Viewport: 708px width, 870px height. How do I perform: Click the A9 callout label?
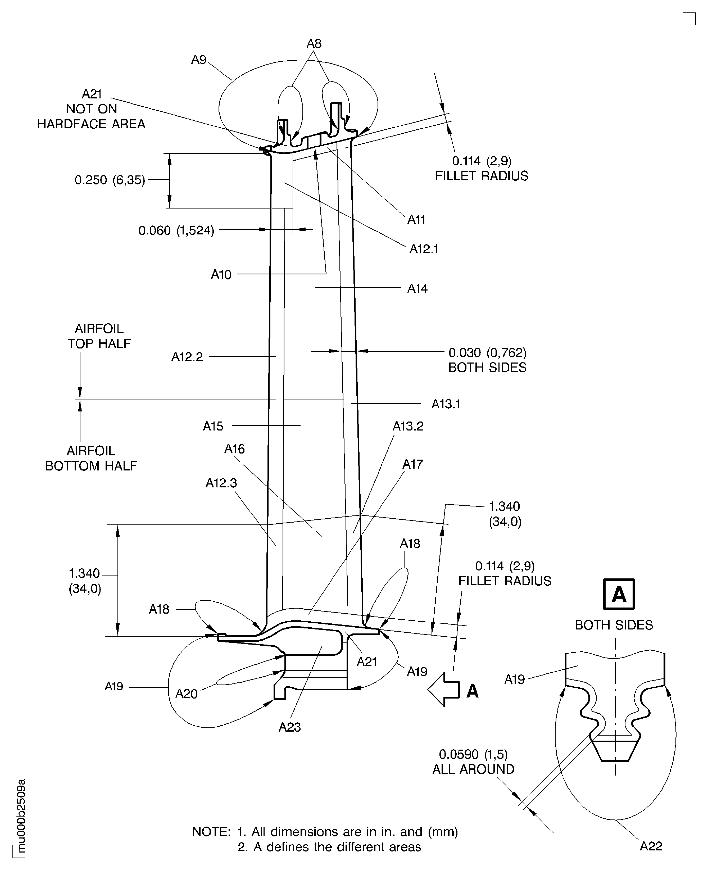tap(199, 60)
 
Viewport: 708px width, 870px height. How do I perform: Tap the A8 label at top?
tap(314, 44)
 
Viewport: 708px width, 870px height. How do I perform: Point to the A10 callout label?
tap(221, 274)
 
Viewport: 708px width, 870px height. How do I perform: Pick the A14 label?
tap(417, 289)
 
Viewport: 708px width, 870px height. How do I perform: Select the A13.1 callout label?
tap(446, 404)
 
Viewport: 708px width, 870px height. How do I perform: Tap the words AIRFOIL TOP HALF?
tap(99, 336)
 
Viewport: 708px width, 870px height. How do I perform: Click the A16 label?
tap(234, 449)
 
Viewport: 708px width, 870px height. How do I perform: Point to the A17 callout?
tap(413, 464)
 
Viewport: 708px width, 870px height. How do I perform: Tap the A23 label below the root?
tap(289, 727)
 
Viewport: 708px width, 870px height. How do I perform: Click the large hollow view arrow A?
tap(443, 689)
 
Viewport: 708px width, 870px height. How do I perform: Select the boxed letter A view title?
tap(619, 594)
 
